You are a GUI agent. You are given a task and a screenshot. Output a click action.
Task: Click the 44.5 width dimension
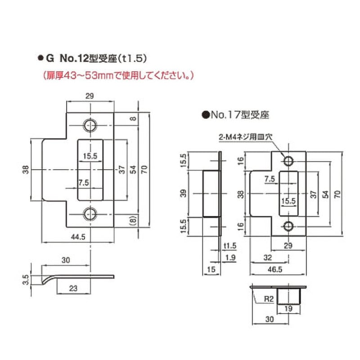[78, 237]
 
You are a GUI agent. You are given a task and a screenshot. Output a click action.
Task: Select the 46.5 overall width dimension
[275, 269]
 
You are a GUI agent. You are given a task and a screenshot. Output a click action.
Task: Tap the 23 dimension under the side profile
[73, 288]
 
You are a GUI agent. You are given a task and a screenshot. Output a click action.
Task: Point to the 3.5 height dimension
[26, 279]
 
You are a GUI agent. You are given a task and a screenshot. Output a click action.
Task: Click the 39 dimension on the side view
[184, 193]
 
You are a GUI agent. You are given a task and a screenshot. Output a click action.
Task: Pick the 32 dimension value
[268, 257]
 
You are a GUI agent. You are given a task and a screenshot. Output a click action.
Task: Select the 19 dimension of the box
[288, 308]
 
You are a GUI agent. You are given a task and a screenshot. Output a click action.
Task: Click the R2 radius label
[269, 299]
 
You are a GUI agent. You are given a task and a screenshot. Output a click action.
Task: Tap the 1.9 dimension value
[230, 257]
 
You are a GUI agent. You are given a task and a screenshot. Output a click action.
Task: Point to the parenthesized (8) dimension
[133, 221]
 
